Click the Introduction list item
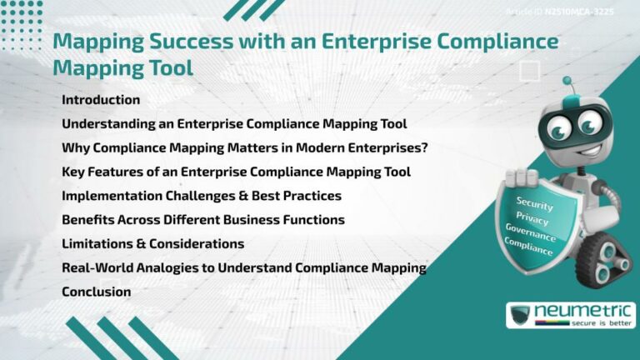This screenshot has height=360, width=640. click(x=101, y=100)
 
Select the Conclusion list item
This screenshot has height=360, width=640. click(x=97, y=292)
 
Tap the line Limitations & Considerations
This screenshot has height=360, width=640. click(x=153, y=244)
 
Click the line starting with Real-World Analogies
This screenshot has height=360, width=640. click(x=244, y=267)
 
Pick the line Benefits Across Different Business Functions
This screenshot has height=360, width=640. click(x=203, y=220)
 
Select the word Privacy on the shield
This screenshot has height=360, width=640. click(x=533, y=220)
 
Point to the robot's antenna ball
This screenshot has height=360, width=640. click(x=567, y=82)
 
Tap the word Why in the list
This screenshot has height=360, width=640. click(x=76, y=147)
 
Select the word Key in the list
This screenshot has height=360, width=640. click(x=74, y=172)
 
